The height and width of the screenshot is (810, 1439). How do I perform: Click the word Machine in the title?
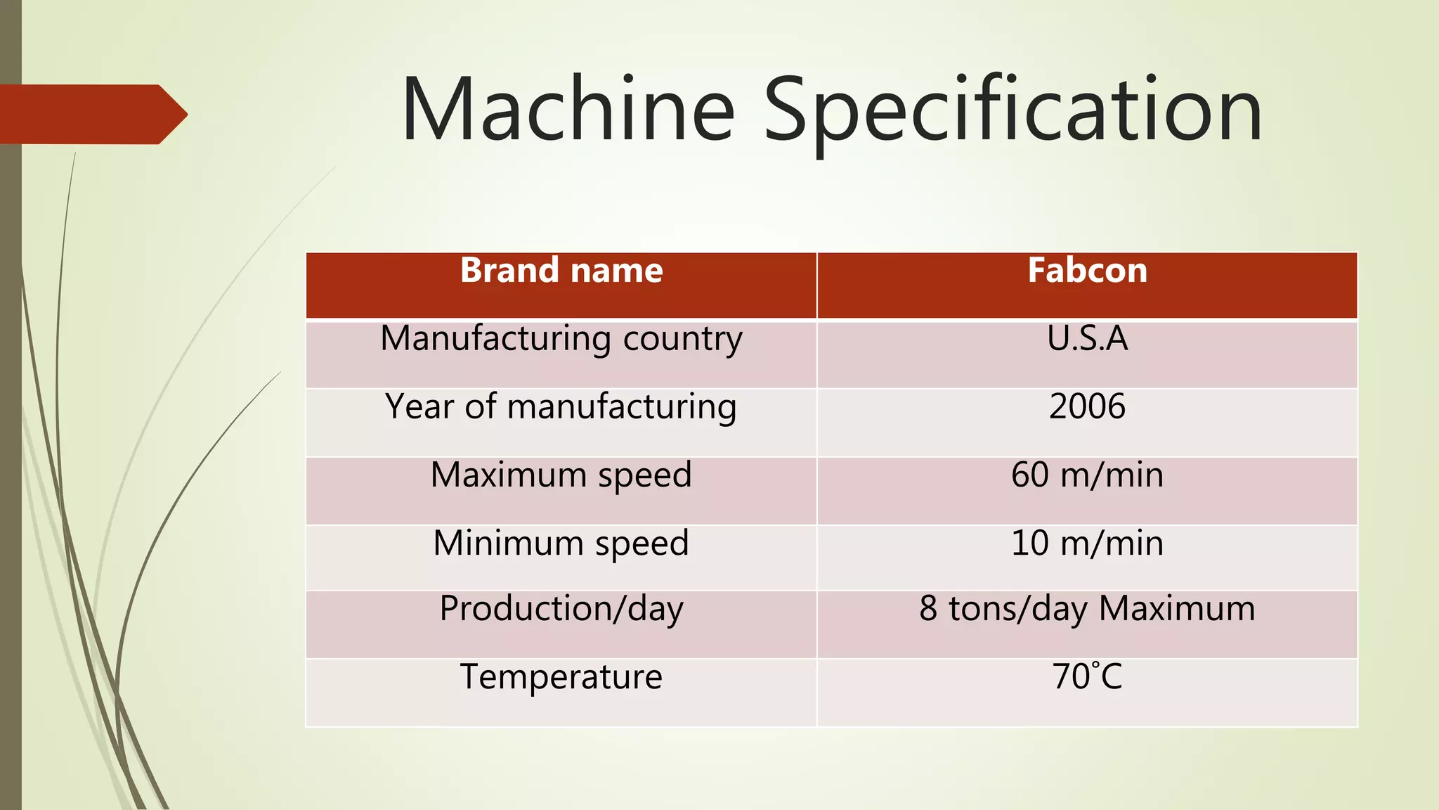(568, 110)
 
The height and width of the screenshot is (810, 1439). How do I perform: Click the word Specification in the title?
(1012, 112)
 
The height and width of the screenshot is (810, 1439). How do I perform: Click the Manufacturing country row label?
(561, 339)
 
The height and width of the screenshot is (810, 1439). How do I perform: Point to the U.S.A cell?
(1087, 338)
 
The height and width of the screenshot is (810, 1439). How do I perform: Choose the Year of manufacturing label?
(561, 407)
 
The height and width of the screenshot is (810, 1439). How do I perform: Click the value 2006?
(1087, 406)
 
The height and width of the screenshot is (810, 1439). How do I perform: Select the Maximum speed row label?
(561, 475)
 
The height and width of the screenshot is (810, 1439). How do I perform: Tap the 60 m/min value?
(1087, 475)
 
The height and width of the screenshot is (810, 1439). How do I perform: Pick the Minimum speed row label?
(561, 544)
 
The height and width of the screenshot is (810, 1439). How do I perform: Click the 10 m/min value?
(1087, 544)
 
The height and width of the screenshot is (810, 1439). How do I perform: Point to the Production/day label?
(561, 609)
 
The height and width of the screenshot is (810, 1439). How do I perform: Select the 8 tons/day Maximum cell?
(1087, 609)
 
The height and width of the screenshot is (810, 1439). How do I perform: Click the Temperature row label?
(561, 677)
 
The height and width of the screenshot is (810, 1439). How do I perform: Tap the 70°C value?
(1087, 676)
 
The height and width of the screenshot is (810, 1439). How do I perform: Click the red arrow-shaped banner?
(91, 114)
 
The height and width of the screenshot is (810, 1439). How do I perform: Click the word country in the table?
(682, 339)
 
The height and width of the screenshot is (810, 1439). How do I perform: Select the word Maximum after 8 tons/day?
(1177, 609)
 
